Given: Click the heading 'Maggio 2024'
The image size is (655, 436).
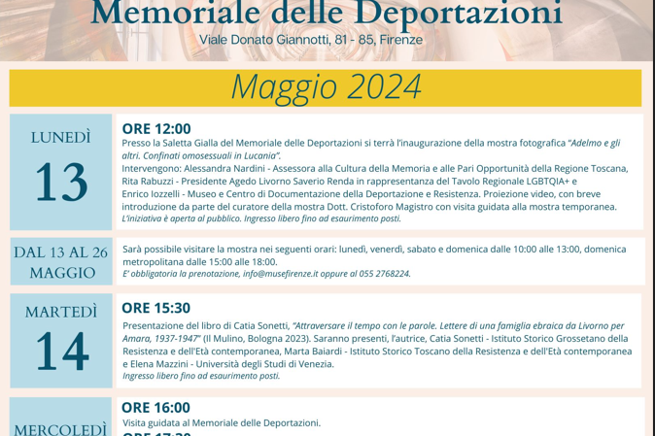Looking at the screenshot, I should [x=326, y=86].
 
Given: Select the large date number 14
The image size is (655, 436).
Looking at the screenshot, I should [x=61, y=352].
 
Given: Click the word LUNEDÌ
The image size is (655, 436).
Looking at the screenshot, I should [x=61, y=137].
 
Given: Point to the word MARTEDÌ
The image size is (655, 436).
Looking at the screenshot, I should [x=61, y=312].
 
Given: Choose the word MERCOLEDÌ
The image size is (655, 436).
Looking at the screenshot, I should [x=60, y=428].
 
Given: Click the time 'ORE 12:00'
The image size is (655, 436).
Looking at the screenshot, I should [x=156, y=128].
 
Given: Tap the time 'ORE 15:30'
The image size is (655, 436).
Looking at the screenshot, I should [x=155, y=308].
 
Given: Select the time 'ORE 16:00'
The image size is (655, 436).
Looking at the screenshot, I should [x=155, y=407].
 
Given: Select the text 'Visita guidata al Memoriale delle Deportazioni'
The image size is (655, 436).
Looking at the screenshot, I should [x=221, y=423].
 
